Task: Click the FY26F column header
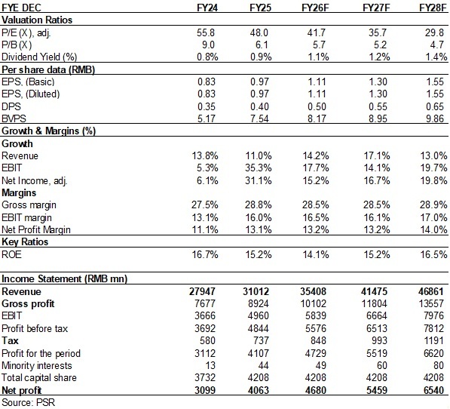[x=315, y=8]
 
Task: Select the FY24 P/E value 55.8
[x=206, y=32]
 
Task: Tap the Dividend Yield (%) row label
[x=39, y=57]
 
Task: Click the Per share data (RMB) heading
[x=48, y=69]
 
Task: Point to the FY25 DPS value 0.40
[x=259, y=106]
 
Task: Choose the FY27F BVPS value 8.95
[x=378, y=118]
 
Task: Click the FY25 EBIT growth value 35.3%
[x=259, y=168]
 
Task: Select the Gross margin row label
[x=29, y=205]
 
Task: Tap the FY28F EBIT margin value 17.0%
[x=433, y=217]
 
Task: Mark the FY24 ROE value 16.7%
[x=205, y=254]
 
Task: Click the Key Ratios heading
[x=25, y=241]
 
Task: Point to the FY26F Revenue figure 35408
[x=313, y=291]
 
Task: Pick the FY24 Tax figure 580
[x=207, y=340]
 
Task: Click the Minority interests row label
[x=37, y=366]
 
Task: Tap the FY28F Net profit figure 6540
[x=433, y=390]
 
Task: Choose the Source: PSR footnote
[x=28, y=402]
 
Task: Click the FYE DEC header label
[x=21, y=8]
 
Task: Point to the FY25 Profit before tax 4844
[x=259, y=328]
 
